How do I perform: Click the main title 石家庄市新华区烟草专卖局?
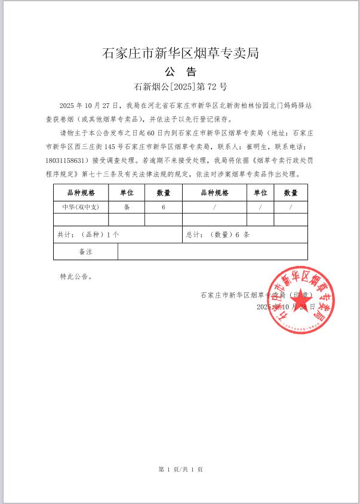(180, 54)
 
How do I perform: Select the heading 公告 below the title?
(180, 72)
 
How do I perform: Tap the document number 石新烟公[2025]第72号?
(180, 87)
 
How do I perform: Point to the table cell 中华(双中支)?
(81, 207)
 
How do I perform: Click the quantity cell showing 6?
(163, 207)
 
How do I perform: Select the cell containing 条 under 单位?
(127, 207)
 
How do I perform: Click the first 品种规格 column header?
(81, 193)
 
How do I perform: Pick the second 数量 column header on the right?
(291, 193)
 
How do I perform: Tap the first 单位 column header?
(127, 193)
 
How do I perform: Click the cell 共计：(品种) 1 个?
(88, 235)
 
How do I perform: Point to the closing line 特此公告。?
(76, 277)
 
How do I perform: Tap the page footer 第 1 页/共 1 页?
(180, 469)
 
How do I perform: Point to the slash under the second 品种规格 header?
(214, 207)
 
